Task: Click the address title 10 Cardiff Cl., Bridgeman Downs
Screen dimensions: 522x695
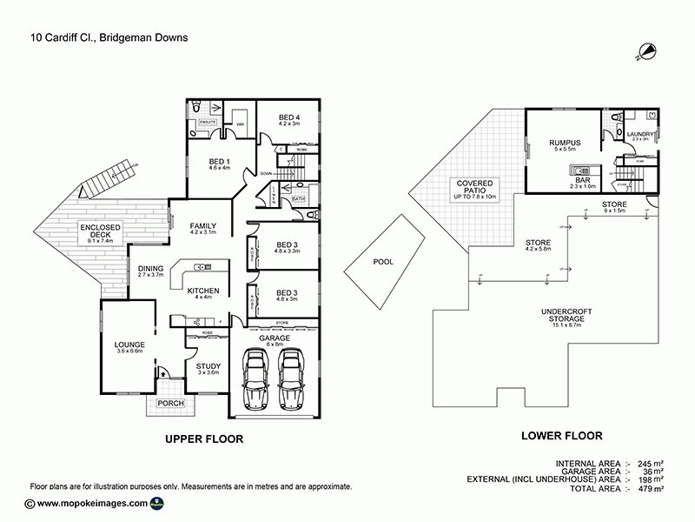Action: (109, 37)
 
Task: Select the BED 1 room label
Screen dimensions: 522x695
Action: (220, 163)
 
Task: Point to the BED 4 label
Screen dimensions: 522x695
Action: (289, 118)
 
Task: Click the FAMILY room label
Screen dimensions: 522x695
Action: (202, 227)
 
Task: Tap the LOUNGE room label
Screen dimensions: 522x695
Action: (129, 345)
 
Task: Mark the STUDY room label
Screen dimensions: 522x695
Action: (208, 366)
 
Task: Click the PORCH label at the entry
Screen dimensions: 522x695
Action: (170, 404)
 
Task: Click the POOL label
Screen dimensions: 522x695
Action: (383, 261)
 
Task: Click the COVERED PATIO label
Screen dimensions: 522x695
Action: (472, 186)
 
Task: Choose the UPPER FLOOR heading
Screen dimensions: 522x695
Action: (204, 439)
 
